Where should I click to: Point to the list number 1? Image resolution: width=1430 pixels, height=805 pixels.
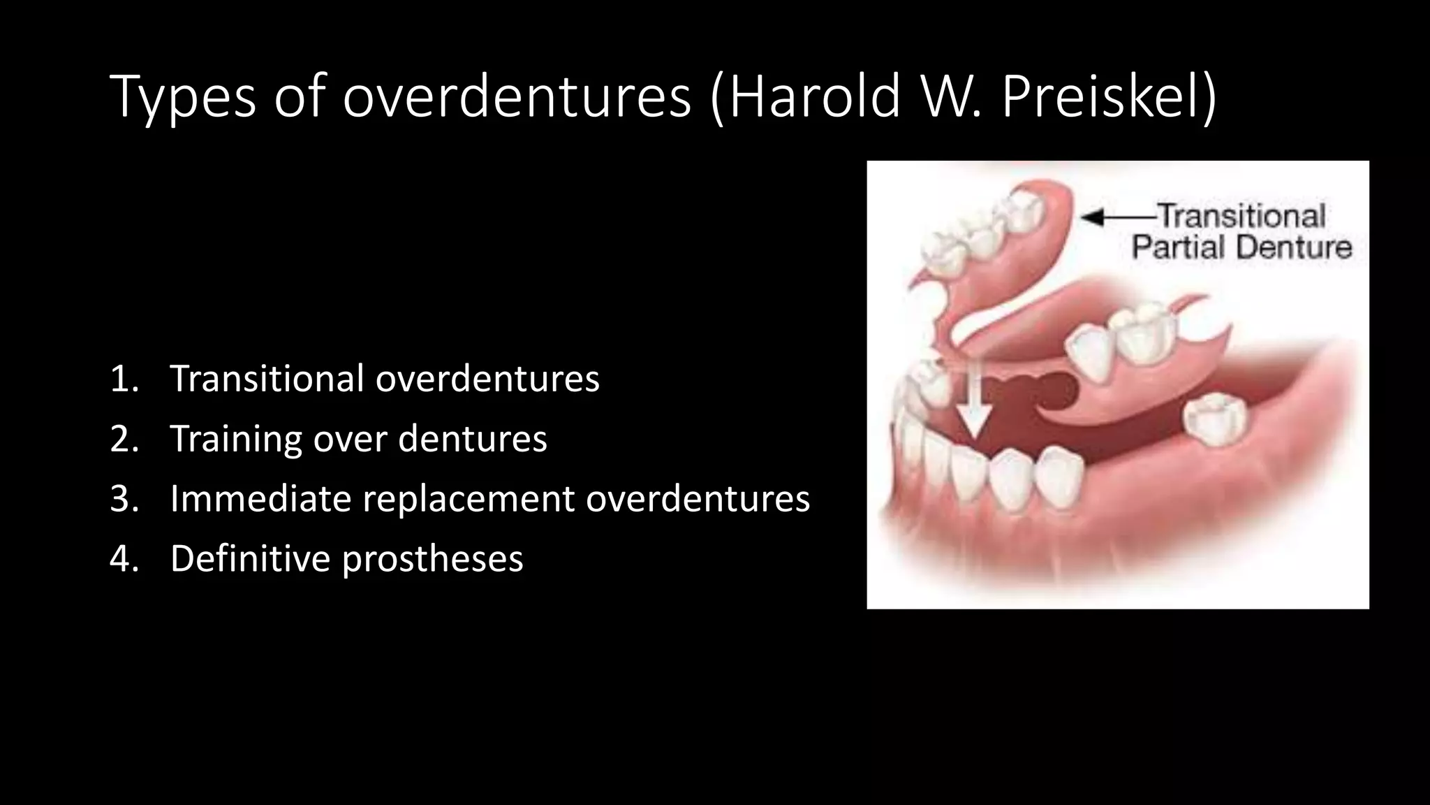[x=124, y=379]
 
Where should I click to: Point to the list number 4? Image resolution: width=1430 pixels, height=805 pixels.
[x=124, y=559]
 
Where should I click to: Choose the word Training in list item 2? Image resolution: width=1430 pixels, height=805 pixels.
[x=235, y=439]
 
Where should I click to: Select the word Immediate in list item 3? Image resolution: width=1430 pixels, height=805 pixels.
[x=260, y=499]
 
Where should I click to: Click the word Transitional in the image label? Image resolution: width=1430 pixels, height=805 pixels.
[x=1241, y=216]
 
